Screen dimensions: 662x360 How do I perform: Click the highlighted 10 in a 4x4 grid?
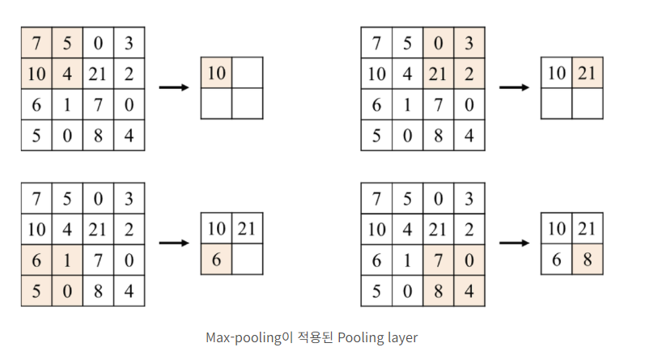(36, 74)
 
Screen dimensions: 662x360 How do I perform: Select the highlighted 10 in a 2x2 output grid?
(216, 73)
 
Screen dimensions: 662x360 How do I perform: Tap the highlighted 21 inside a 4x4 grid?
(438, 74)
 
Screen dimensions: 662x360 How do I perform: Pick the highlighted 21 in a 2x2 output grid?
(587, 73)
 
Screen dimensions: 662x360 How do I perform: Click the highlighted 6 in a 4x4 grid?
(36, 260)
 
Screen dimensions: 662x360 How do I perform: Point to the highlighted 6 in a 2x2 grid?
(216, 260)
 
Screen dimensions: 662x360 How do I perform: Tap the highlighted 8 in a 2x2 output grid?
(587, 260)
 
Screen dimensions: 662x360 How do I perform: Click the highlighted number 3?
(469, 42)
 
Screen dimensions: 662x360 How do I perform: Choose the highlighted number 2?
(469, 74)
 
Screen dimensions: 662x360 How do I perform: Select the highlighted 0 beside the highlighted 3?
(438, 42)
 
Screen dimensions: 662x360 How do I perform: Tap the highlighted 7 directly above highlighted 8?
(438, 260)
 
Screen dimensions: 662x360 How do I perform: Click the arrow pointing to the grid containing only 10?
(172, 87)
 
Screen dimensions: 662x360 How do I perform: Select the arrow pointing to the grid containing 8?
(513, 242)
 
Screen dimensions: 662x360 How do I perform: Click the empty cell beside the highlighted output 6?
(247, 260)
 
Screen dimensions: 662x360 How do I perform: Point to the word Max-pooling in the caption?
(243, 337)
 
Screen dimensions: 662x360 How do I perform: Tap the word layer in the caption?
(401, 337)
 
